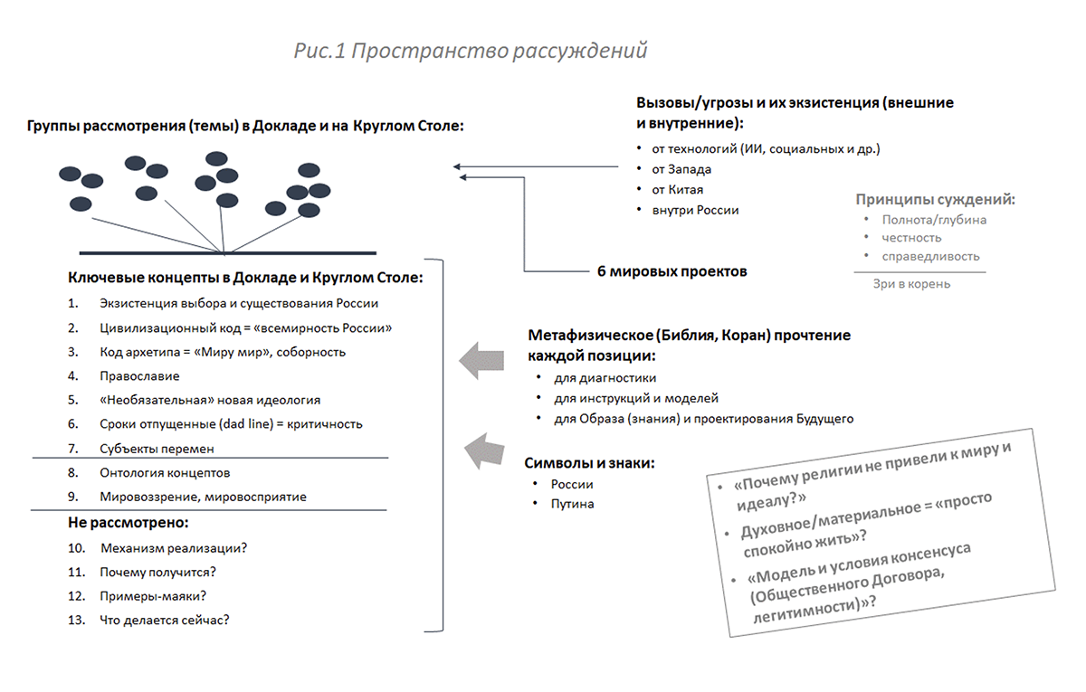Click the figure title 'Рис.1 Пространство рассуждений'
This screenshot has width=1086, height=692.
[x=471, y=51]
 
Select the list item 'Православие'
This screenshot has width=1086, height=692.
[x=139, y=375]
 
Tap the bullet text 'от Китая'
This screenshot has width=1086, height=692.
[x=671, y=190]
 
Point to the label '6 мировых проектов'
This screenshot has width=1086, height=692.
[x=672, y=270]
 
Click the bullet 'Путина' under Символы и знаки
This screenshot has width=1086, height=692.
[x=572, y=504]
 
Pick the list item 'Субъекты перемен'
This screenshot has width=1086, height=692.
[x=157, y=449]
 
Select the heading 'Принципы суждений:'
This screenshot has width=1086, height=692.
[x=935, y=199]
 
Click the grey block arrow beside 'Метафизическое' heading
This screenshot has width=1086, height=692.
[x=481, y=360]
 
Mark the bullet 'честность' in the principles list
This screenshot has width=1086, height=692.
[x=911, y=238]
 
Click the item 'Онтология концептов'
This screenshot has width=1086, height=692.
[x=165, y=472]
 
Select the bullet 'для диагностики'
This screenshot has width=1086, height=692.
[x=605, y=378]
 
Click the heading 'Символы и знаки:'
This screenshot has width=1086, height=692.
[x=589, y=463]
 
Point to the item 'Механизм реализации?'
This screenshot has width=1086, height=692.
[x=174, y=548]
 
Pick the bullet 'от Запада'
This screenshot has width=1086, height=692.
[x=675, y=169]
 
